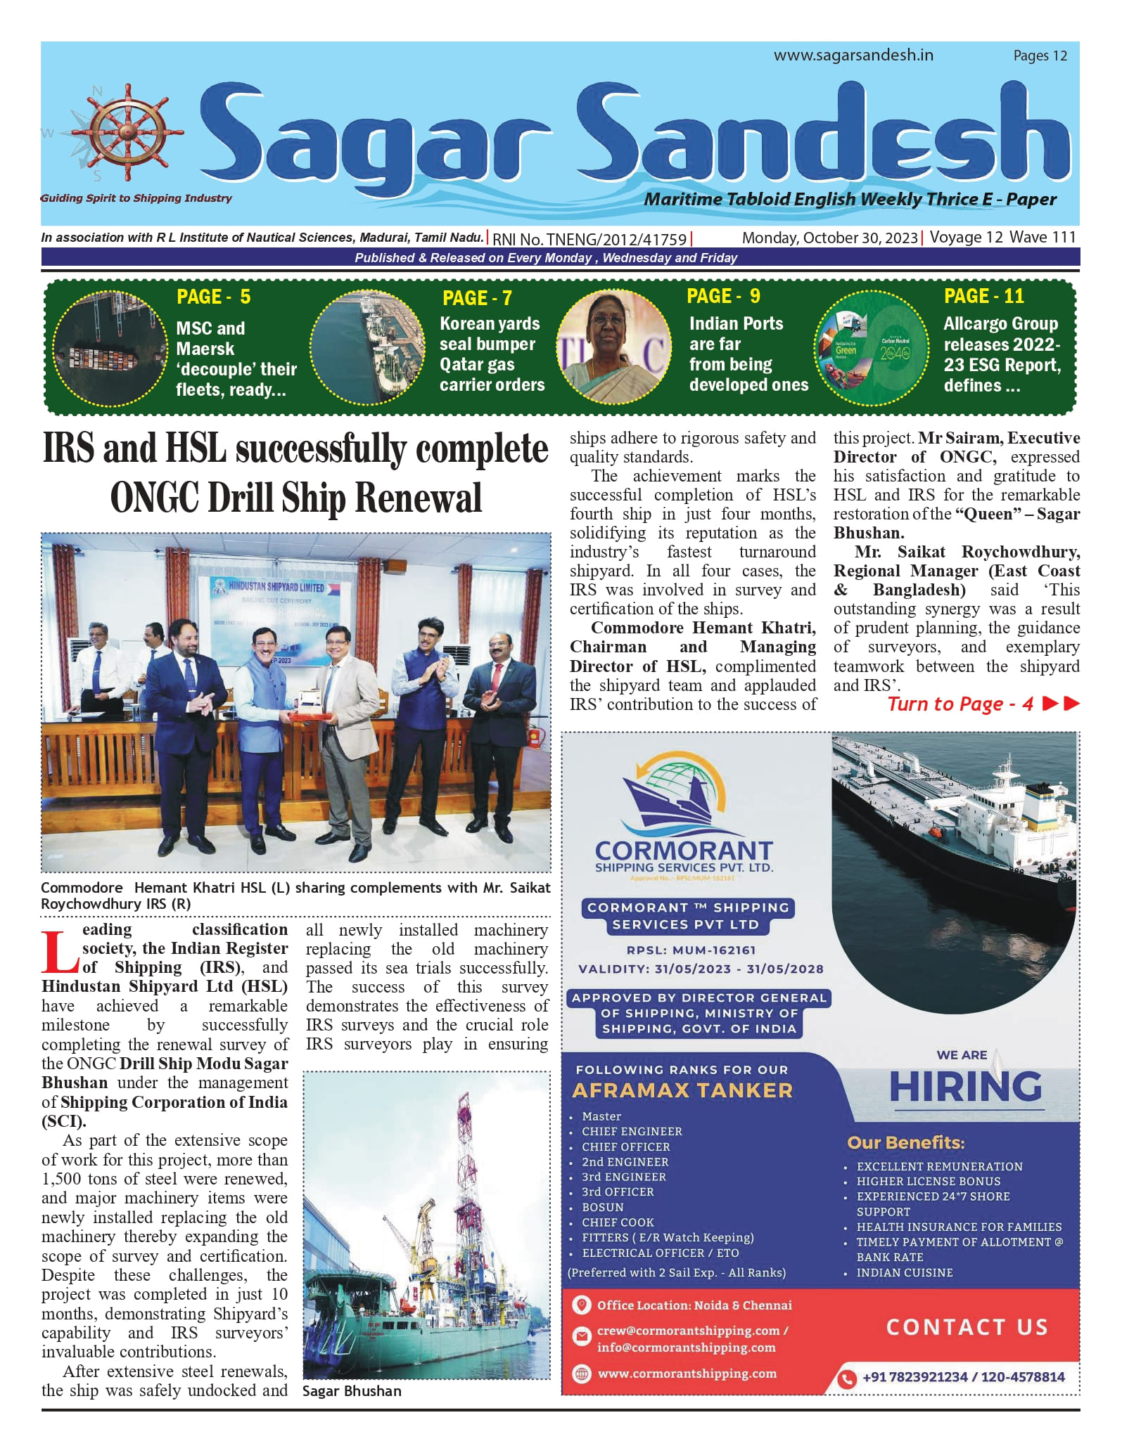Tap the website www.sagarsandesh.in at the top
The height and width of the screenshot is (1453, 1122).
(x=853, y=55)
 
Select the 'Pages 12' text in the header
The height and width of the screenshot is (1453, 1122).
(x=1040, y=56)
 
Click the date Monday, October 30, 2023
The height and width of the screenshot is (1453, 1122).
(x=829, y=238)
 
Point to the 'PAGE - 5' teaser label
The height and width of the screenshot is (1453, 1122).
(x=213, y=297)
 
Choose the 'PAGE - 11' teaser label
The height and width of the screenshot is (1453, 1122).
(x=983, y=296)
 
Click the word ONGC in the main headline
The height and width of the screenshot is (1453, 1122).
(x=155, y=497)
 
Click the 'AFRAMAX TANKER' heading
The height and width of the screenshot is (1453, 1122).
(x=682, y=1090)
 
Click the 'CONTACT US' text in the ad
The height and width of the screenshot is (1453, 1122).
(x=967, y=1327)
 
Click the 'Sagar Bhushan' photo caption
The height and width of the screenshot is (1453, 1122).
(x=352, y=1391)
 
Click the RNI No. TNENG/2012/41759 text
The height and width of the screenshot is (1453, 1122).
(x=589, y=239)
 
